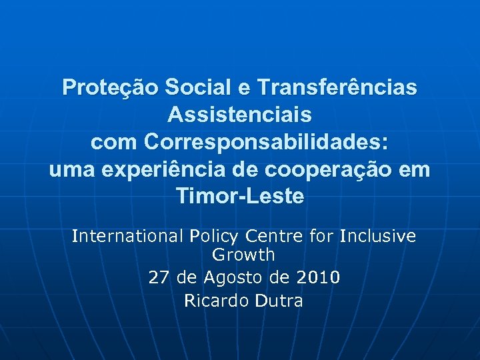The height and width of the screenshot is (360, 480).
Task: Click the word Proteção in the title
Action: pos(109,87)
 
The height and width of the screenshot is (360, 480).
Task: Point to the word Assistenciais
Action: pos(240,115)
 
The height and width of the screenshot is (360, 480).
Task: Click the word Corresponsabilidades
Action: pos(266,143)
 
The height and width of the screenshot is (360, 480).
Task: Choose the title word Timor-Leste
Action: pos(240,197)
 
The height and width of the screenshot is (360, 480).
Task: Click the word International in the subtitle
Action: pos(127,236)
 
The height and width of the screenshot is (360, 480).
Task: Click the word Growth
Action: pos(243,254)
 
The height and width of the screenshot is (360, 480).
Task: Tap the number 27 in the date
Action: pos(159,277)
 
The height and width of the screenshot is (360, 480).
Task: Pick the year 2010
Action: pos(317,277)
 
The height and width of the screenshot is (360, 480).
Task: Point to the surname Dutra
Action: pos(279,301)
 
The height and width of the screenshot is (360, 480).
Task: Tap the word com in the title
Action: pos(113,143)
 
